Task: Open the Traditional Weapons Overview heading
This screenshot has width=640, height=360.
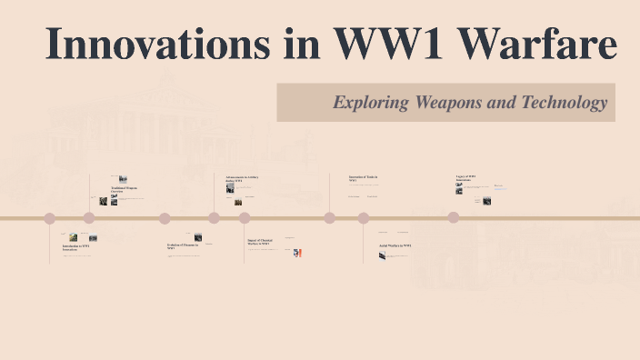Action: coord(125,190)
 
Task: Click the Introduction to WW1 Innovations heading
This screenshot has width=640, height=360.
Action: coord(75,247)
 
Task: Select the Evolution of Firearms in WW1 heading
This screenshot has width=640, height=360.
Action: coord(182,245)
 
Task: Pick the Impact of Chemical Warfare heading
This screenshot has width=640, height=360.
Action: coord(260,243)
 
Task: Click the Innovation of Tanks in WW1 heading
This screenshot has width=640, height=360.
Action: coord(364,179)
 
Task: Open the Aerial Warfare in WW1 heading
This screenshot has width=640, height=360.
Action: coord(395,245)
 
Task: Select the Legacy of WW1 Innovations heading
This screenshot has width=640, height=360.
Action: coord(465,179)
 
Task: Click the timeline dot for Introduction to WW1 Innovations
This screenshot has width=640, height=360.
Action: coord(50,218)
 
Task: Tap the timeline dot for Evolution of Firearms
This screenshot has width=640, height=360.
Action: coord(165,218)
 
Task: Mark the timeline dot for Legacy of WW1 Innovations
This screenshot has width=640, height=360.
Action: coord(453,218)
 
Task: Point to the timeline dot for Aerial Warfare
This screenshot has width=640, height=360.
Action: coord(364,218)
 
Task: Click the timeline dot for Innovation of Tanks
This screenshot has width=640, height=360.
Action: coord(329,218)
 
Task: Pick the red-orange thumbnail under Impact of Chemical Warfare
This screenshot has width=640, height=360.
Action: coord(297,254)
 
